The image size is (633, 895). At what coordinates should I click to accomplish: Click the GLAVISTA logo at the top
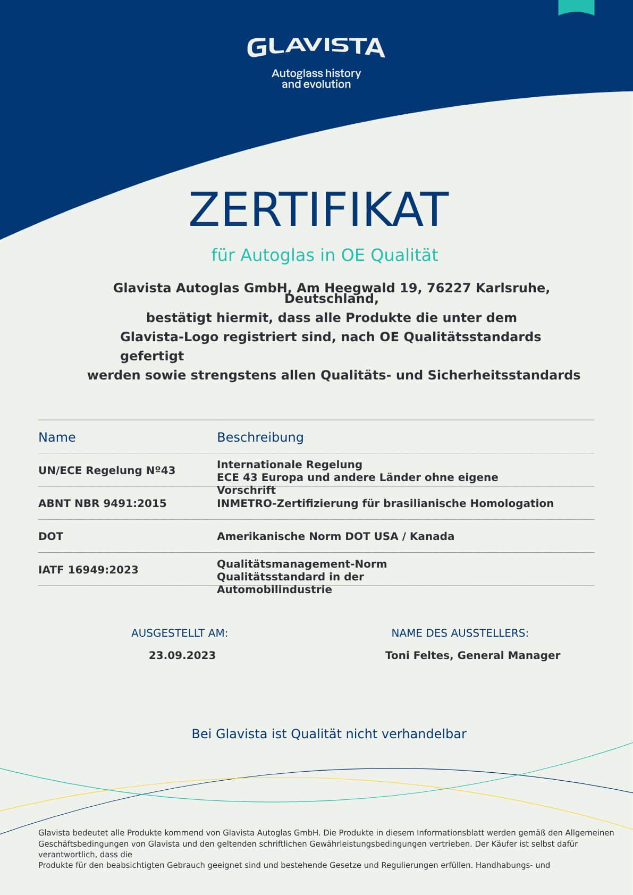coord(316,47)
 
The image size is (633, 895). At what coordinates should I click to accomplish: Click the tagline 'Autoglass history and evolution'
coord(316,79)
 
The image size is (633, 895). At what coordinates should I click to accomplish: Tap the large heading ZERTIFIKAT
coord(318,209)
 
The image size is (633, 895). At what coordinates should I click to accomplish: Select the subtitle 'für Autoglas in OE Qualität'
coord(324,255)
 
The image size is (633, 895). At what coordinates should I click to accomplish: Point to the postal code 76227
coord(449,288)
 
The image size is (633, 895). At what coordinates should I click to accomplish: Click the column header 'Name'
coord(57,437)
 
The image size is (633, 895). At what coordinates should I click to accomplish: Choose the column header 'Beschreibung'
coord(260,437)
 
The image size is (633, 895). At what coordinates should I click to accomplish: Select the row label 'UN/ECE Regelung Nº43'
coord(107,470)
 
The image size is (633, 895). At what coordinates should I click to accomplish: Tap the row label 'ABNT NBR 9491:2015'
coord(102,503)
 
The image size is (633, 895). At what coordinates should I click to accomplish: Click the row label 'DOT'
coord(50,536)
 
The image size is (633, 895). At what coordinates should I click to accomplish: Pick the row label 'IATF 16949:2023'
coord(88,570)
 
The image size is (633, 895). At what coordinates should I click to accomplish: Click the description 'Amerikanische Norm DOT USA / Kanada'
coord(335,536)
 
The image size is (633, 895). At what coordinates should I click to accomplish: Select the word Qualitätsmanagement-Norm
coord(301,564)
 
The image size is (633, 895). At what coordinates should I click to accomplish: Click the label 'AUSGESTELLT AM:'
coord(179,633)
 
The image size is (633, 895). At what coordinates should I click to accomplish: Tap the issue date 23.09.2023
coord(182,655)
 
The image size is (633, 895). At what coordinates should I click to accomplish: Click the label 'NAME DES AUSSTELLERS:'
coord(460,633)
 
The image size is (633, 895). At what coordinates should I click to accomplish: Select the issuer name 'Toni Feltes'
coord(418,655)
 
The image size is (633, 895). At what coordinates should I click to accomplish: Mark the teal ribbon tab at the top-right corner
coord(576,7)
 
